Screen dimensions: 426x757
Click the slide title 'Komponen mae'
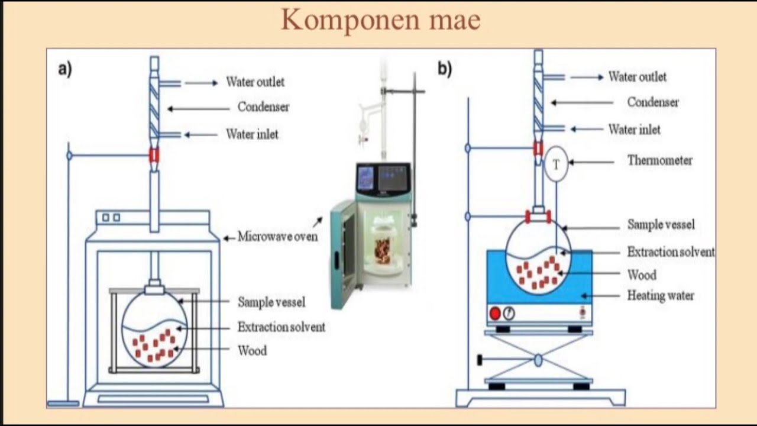pos(380,20)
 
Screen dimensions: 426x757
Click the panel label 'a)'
pos(65,69)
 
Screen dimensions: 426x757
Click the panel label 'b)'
pos(445,69)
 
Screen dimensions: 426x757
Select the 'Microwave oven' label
pos(277,237)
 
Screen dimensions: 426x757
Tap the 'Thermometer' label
pos(659,160)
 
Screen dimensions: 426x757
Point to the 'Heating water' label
pos(660,295)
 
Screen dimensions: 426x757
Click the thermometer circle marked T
pos(556,165)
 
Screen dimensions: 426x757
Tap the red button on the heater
pos(495,314)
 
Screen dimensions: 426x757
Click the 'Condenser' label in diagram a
pos(263,107)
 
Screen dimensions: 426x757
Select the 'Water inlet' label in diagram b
pos(634,130)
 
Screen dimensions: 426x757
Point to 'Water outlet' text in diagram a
pos(255,82)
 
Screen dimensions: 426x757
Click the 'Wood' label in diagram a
pos(252,351)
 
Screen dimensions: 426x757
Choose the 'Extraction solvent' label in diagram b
pos(671,252)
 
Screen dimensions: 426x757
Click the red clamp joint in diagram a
pos(154,155)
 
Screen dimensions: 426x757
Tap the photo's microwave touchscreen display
pos(394,177)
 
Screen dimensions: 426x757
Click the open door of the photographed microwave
pos(343,254)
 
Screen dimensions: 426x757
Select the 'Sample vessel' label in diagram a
pos(271,302)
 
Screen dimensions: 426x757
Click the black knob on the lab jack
pos(481,360)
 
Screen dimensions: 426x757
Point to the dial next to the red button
pos(509,314)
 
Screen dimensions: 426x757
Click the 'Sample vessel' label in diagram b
pos(661,225)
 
